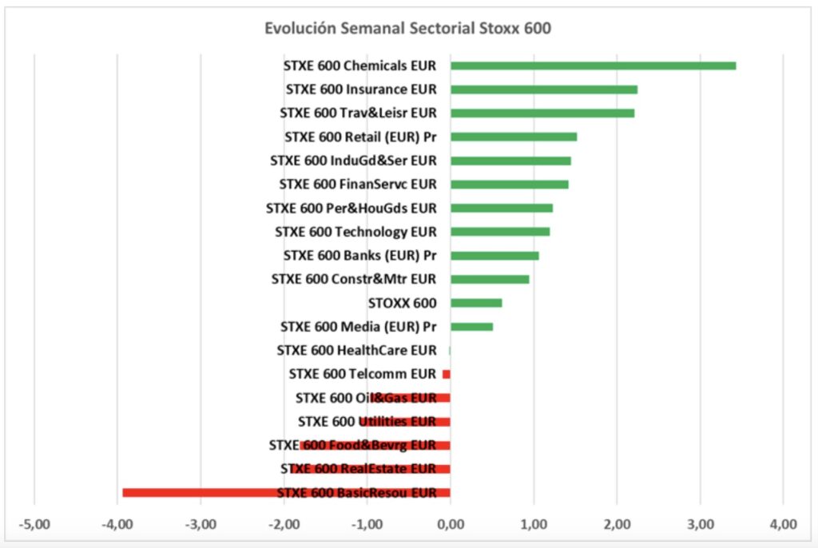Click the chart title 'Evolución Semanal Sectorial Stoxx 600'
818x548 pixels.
(x=408, y=28)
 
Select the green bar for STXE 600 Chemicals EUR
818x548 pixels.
(x=593, y=66)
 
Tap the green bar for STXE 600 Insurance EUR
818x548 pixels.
(x=544, y=89)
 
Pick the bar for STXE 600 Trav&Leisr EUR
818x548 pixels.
(x=542, y=113)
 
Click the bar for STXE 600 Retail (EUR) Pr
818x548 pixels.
(x=514, y=137)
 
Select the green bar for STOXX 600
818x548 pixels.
(x=476, y=303)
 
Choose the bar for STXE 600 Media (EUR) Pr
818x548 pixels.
(x=471, y=326)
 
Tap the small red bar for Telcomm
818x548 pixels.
(x=447, y=374)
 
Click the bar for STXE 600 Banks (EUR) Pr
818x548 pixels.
(x=494, y=256)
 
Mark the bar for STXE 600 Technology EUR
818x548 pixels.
(x=500, y=232)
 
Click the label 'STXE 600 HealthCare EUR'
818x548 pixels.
(x=357, y=350)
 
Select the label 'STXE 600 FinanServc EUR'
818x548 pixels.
(x=358, y=185)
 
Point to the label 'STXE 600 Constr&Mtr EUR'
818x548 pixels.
(x=354, y=280)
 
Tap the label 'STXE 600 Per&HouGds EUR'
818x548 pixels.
(x=351, y=208)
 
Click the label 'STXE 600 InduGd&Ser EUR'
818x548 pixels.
(x=353, y=161)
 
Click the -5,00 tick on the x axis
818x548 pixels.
(x=34, y=524)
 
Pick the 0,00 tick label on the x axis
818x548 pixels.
(x=451, y=524)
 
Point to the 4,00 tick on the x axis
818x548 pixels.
(x=783, y=524)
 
